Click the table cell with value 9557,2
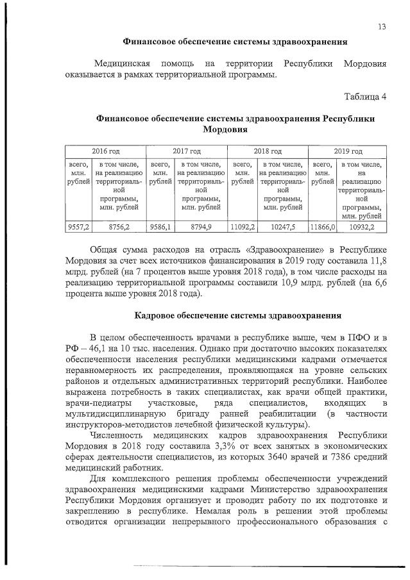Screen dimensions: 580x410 tap(79, 227)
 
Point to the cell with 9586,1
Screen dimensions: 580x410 tap(160, 227)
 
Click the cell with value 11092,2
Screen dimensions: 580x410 tap(243, 227)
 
